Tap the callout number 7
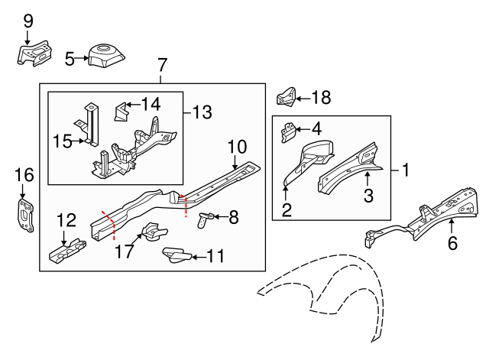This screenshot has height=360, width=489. coord(162,65)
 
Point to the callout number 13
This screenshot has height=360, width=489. coord(202,113)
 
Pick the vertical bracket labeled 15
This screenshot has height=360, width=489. coord(90,122)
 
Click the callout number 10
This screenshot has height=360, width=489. coord(236,146)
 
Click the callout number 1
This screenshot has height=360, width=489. coord(406,170)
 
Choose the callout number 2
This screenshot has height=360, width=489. coord(287,209)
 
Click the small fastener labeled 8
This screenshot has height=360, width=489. coord(204,221)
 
